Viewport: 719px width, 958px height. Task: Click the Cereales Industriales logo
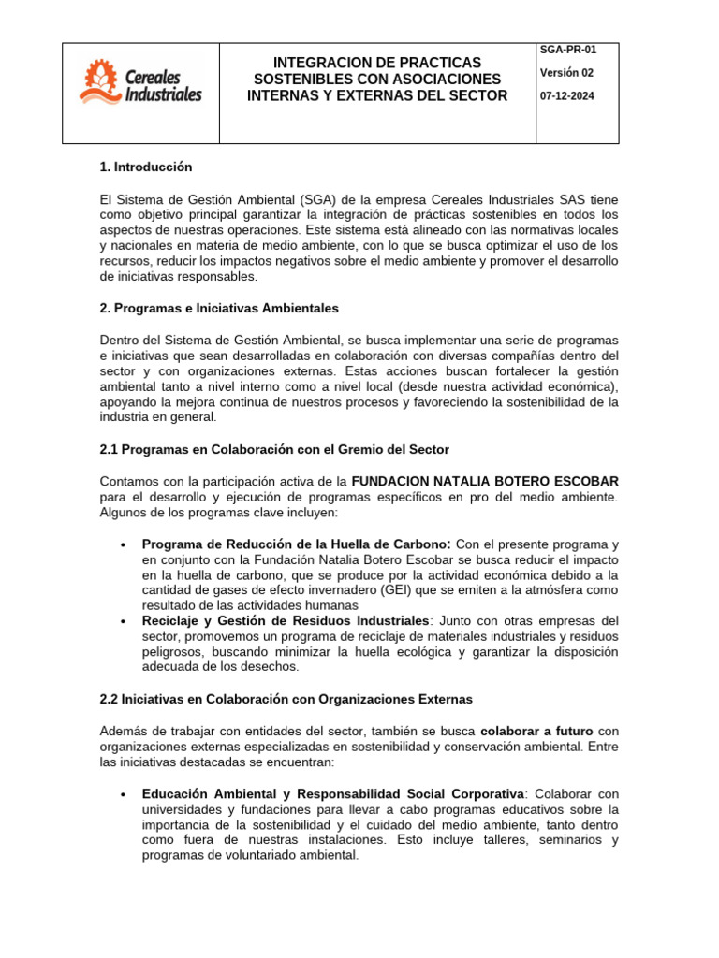140,82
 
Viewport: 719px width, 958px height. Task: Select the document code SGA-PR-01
568,51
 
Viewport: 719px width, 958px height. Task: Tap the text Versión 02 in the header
566,74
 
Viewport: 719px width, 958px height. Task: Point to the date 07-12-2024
567,96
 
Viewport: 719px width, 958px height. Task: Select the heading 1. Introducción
145,167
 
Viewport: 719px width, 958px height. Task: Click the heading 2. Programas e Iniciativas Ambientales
219,308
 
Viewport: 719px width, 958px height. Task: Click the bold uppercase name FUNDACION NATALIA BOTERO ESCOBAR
485,481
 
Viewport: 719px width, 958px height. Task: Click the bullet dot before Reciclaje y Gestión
125,621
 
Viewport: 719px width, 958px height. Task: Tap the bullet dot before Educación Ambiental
125,794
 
